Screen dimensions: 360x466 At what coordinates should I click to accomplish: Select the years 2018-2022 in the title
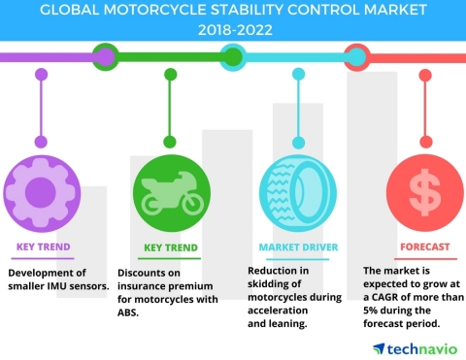click(x=233, y=29)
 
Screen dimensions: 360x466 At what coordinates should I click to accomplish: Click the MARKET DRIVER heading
click(x=298, y=246)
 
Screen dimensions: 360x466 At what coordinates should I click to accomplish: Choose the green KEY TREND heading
click(x=171, y=246)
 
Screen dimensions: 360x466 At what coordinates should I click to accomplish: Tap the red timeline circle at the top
click(x=355, y=55)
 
